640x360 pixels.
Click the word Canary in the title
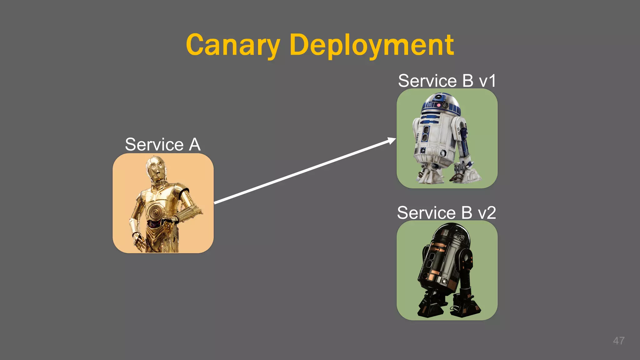[x=232, y=45]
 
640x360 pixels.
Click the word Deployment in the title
[x=372, y=45]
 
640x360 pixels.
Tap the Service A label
[x=162, y=145]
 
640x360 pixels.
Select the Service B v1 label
[x=447, y=81]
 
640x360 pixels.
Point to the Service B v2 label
[x=446, y=213]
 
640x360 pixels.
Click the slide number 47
[x=618, y=341]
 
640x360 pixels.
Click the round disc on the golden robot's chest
[x=155, y=212]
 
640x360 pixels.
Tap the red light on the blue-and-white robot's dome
[x=439, y=105]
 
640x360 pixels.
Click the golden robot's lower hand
[x=138, y=241]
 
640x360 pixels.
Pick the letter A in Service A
[x=194, y=145]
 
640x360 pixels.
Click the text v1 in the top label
[x=487, y=81]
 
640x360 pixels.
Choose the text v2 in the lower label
[x=487, y=213]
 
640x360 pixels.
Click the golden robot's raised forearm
[x=187, y=212]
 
